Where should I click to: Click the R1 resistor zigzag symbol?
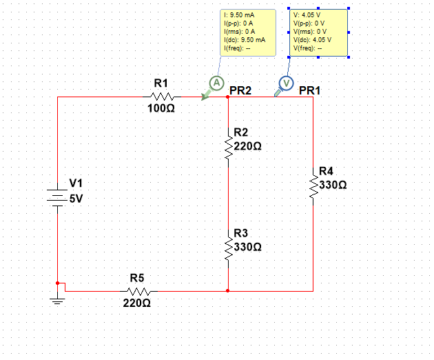coord(162,97)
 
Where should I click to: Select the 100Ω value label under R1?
coord(161,108)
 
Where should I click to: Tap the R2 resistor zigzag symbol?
coord(228,147)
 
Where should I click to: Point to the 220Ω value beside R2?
coord(247,146)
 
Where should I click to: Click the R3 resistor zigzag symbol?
coord(228,248)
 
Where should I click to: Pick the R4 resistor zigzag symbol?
coord(313,186)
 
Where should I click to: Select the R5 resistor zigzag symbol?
coord(138,291)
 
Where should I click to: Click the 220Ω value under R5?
coord(136,303)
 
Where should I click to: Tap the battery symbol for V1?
coord(57,198)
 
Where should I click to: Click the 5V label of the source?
coord(76,199)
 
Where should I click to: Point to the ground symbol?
coord(57,301)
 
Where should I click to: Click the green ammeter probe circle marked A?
coord(216,83)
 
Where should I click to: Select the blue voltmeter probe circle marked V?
coord(286,83)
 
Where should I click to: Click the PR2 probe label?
coord(240,90)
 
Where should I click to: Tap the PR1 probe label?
coord(310,90)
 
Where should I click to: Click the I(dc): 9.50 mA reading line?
coord(245,40)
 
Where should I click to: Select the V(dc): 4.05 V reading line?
coord(312,40)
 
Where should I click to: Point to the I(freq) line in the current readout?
coord(237,48)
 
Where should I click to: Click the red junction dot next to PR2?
coord(227,97)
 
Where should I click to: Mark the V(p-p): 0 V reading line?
coord(309,23)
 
